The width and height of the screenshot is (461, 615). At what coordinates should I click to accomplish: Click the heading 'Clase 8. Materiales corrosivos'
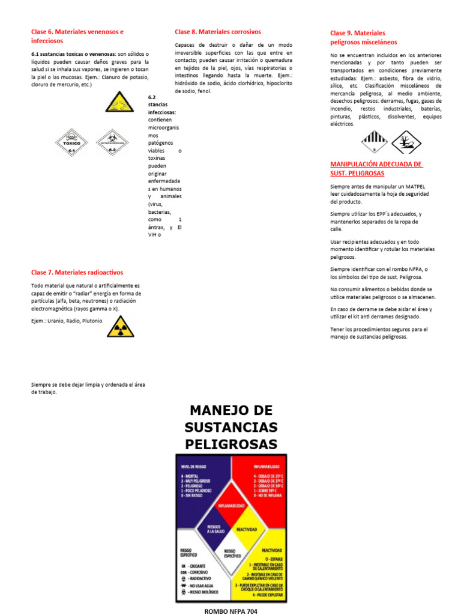(217, 32)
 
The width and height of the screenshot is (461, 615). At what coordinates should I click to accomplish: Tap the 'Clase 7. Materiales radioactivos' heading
(77, 272)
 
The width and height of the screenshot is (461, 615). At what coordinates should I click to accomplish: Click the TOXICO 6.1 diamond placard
(72, 142)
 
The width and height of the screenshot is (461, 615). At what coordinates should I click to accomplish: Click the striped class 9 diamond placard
(376, 142)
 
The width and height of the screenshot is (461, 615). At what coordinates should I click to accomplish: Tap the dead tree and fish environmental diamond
(406, 142)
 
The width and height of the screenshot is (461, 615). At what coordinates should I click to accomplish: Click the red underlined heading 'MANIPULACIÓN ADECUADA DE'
(376, 165)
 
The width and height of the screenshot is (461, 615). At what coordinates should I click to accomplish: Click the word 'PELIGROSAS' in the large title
(231, 444)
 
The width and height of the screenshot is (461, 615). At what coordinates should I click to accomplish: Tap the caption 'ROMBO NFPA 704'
(230, 611)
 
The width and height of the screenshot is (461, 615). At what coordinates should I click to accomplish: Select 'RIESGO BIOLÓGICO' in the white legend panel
(203, 592)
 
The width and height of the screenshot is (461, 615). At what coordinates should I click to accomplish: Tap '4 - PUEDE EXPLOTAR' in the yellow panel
(262, 595)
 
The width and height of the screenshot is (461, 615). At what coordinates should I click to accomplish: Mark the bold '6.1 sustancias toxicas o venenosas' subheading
(73, 53)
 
